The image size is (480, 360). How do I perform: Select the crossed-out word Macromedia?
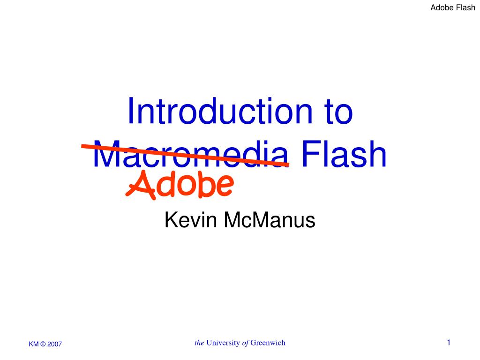(189, 155)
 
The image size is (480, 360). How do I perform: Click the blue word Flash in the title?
(345, 155)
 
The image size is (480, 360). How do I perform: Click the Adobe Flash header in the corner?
(453, 8)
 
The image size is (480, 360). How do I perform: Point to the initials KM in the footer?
(34, 344)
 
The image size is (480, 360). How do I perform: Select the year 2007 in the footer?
(54, 344)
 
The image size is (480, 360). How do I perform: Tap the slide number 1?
(449, 343)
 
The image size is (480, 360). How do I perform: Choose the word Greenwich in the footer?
(268, 343)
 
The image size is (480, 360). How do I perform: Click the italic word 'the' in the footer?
(199, 343)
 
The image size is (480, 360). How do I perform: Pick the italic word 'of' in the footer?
(245, 343)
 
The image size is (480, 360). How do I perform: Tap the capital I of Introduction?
(131, 112)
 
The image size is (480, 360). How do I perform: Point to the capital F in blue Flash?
(309, 155)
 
